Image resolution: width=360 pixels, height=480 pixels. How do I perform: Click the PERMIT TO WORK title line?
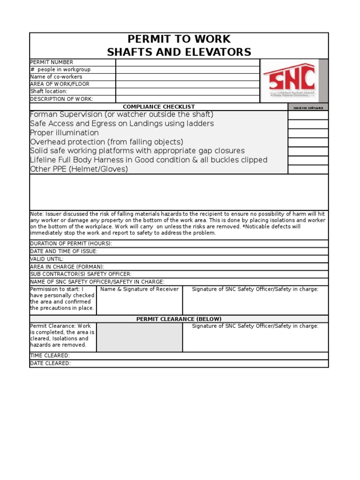[179, 39]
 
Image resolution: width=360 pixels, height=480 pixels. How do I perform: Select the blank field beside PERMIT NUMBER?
[187, 62]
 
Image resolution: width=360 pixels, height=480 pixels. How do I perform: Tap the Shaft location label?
[49, 91]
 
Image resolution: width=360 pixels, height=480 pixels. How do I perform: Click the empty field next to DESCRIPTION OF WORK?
[187, 99]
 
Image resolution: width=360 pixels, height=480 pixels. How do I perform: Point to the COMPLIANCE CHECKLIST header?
[158, 107]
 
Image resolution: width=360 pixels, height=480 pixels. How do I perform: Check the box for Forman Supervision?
[307, 115]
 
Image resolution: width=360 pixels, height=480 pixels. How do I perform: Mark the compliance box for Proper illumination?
[307, 133]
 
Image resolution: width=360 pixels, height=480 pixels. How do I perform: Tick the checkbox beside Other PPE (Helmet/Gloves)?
[307, 169]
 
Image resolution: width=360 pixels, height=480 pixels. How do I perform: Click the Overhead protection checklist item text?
[106, 142]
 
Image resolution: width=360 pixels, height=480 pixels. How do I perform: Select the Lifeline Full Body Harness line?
[149, 160]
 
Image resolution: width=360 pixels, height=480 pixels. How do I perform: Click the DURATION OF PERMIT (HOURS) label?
[71, 244]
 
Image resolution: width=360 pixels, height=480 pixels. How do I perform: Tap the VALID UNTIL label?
[47, 259]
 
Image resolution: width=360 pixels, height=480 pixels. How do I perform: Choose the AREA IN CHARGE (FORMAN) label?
[67, 266]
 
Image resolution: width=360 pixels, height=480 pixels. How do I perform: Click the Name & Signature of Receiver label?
[139, 289]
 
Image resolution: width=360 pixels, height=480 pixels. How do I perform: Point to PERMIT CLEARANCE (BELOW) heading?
[179, 319]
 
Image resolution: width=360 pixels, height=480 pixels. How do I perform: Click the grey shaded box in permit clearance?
[139, 337]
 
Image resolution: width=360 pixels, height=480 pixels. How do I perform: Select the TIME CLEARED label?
[50, 356]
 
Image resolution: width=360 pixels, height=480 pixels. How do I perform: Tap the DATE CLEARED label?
[50, 363]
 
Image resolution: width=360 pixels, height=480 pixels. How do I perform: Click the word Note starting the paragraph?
[37, 214]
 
